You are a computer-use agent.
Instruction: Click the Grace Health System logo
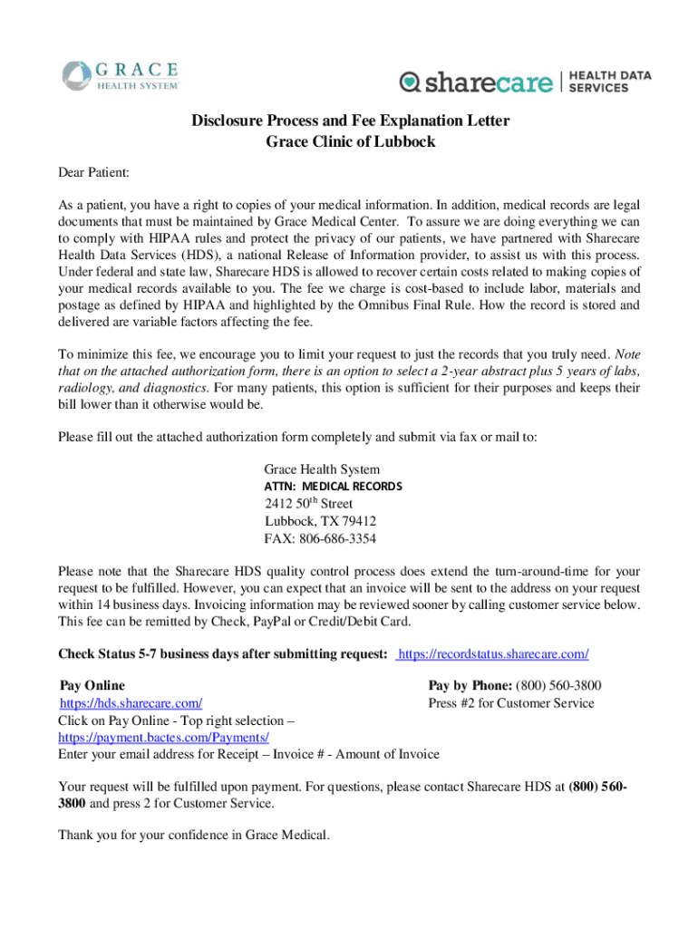(x=121, y=74)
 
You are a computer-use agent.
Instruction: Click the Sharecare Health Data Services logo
(x=525, y=82)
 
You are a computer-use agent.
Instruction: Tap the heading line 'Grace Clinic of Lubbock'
(x=351, y=142)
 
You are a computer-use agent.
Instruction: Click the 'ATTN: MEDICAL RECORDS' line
(x=333, y=487)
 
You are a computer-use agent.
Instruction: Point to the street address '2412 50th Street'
(x=308, y=504)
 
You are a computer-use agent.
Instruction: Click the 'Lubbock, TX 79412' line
(x=320, y=521)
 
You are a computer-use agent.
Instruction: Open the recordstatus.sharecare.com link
(x=494, y=653)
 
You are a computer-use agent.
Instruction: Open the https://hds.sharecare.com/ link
(x=131, y=703)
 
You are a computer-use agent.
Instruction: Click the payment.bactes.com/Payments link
(x=164, y=738)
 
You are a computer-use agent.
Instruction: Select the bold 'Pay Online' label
(x=92, y=686)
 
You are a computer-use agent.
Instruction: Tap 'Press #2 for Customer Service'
(x=511, y=703)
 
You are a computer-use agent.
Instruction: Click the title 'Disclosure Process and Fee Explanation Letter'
(x=350, y=121)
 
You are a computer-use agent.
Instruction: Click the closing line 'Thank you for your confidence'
(x=194, y=835)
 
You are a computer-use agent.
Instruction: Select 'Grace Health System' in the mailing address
(x=322, y=469)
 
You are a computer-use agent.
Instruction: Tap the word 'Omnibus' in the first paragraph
(x=421, y=305)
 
